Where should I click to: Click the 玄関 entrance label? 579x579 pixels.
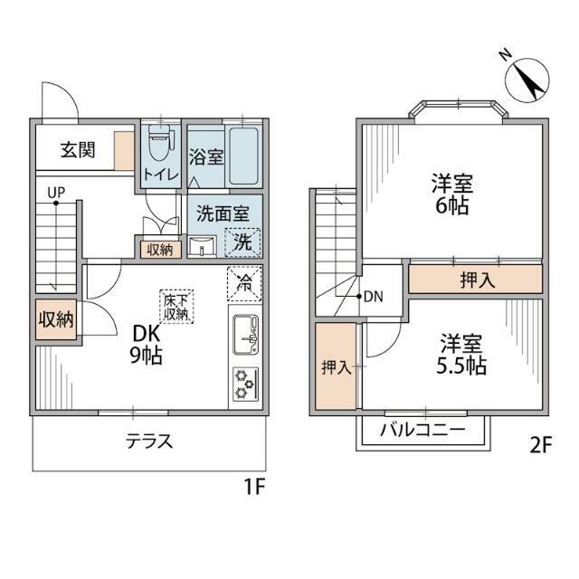(78, 150)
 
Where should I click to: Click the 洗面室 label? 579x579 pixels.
(223, 214)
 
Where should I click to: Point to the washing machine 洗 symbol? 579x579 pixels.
(242, 242)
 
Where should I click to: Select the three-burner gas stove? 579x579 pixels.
(245, 383)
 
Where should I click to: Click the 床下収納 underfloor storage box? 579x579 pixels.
(175, 308)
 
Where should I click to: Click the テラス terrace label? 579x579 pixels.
(148, 442)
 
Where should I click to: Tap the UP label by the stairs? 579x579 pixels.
(56, 193)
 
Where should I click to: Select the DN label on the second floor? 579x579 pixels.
(373, 297)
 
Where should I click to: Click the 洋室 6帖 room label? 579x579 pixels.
(451, 194)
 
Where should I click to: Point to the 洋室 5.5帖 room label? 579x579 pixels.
(462, 355)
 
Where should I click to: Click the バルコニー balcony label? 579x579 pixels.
(422, 429)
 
